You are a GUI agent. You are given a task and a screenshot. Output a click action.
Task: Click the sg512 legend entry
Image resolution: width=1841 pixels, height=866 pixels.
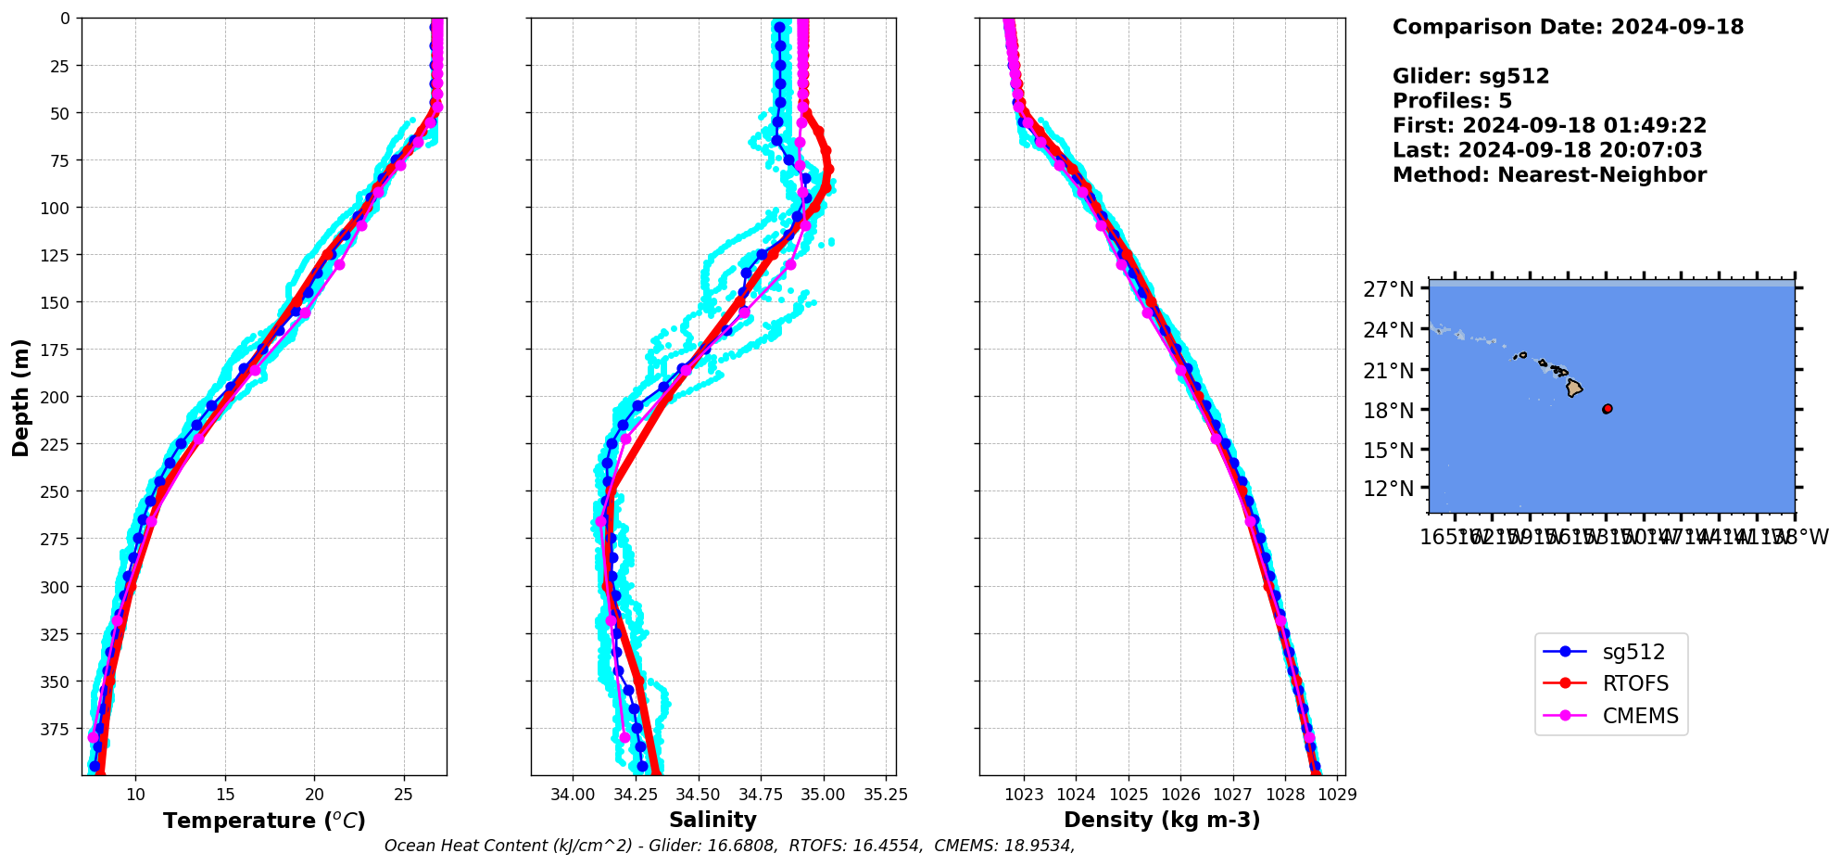tap(1633, 652)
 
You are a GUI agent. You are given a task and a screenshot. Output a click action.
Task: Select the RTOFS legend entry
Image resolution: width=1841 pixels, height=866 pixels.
tap(1635, 684)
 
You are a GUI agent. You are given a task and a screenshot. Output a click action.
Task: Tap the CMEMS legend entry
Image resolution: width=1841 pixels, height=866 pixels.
tap(1640, 716)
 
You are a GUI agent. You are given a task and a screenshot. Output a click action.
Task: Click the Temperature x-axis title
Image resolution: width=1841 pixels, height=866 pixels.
tap(264, 821)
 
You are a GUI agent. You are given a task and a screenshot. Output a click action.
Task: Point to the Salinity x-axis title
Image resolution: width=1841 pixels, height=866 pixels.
tap(712, 820)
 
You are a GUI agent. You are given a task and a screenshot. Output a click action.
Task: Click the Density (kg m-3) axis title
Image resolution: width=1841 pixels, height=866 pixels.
tap(1162, 820)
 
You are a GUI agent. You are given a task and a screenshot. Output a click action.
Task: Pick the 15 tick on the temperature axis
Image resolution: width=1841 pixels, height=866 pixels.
tap(225, 795)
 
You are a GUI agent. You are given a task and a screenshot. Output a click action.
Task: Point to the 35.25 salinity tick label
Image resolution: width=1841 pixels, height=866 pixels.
tap(886, 795)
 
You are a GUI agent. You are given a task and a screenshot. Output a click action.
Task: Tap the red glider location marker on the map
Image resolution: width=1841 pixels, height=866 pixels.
tap(1608, 409)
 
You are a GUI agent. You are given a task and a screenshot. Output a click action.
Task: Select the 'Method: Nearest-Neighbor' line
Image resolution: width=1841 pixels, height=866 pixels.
tap(1549, 175)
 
